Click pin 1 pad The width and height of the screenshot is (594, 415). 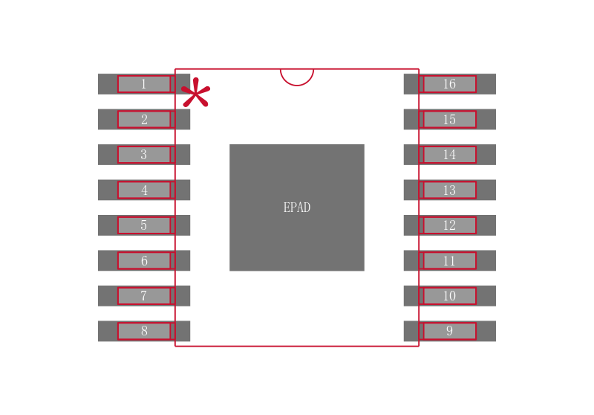(x=144, y=84)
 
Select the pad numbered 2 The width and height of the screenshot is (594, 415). (x=144, y=120)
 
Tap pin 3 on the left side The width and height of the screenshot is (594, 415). (x=144, y=155)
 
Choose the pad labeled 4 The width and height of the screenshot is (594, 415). (x=144, y=190)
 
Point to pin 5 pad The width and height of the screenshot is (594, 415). (x=144, y=225)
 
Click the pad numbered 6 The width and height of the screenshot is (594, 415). (x=144, y=260)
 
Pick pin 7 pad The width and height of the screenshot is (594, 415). (x=144, y=296)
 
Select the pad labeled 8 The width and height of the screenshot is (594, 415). (x=144, y=331)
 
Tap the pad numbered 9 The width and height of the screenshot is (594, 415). (x=450, y=331)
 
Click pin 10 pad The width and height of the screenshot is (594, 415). (x=450, y=296)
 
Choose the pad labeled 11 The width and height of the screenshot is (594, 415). (x=450, y=260)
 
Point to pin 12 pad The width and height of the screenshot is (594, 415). (x=450, y=225)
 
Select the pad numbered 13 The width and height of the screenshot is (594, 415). (x=450, y=190)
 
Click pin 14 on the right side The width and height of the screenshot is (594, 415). (x=450, y=155)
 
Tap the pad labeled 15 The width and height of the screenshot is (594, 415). (x=450, y=120)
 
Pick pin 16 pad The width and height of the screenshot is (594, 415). (x=450, y=84)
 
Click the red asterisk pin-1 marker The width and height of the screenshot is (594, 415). (x=195, y=92)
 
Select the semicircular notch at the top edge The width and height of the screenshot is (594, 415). (x=297, y=77)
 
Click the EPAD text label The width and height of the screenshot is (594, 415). (x=297, y=207)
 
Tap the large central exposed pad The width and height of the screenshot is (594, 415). (x=297, y=207)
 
